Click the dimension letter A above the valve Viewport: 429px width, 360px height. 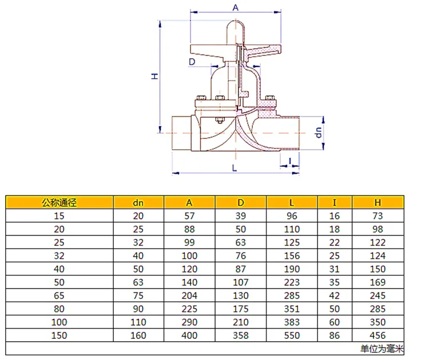coord(236,7)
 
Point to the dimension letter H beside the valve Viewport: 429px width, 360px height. coord(155,76)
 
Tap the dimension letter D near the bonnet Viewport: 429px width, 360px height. coord(192,62)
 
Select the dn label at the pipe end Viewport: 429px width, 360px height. coord(319,133)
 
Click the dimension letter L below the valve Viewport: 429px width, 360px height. coord(235,168)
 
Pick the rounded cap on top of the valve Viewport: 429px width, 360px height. coord(236,31)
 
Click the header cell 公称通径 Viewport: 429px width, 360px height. coord(59,202)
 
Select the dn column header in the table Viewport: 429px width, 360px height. coord(138,203)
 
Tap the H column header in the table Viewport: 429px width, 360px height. coord(378,202)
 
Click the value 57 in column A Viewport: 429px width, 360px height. coord(189,216)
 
